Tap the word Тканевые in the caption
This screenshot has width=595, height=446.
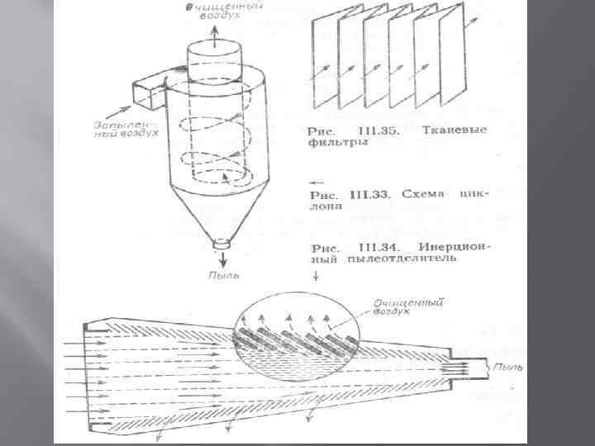click(x=455, y=130)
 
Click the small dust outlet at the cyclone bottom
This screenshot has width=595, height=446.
click(x=220, y=244)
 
